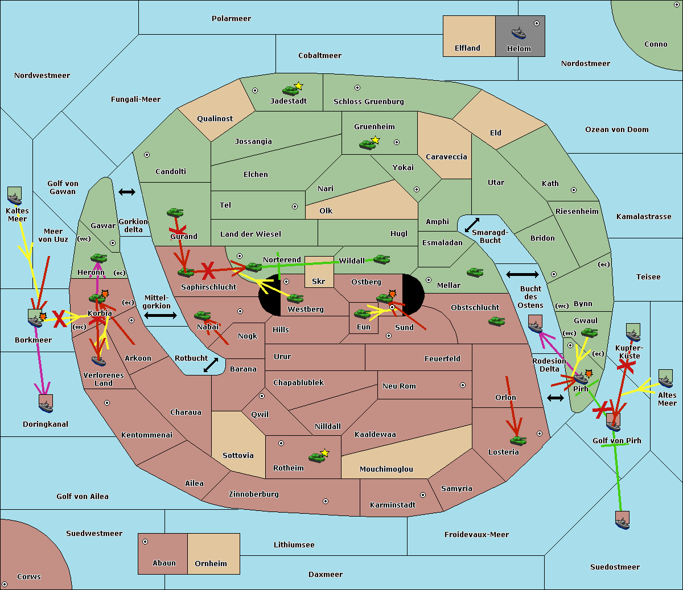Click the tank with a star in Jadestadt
point(291,90)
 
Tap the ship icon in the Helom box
point(519,33)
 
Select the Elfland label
point(467,48)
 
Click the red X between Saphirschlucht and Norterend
point(208,271)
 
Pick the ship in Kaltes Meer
point(15,197)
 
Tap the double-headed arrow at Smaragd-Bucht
point(472,225)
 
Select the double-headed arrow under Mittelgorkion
point(160,315)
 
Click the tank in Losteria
point(518,440)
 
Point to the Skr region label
point(319,281)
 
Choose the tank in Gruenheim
point(368,145)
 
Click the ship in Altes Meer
point(666,379)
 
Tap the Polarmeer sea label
point(231,19)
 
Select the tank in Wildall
point(381,259)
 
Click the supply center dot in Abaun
point(145,542)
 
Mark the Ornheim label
point(211,563)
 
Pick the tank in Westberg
point(295,298)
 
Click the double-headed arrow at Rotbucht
point(211,365)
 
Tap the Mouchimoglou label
point(386,469)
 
